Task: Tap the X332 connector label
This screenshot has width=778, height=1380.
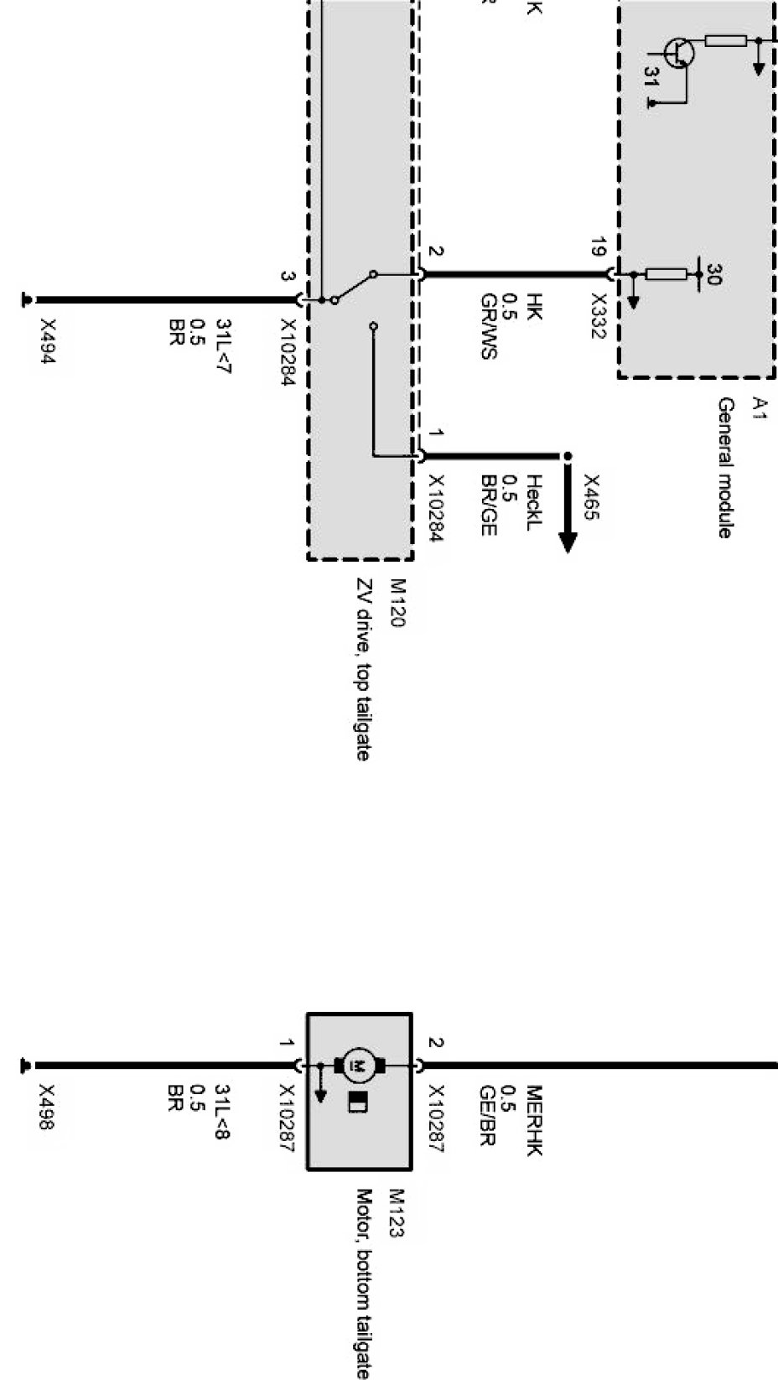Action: (599, 315)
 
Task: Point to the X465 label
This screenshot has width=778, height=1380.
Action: (592, 497)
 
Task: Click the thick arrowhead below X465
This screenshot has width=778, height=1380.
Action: (568, 540)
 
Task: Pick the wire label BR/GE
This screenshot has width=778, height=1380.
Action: (490, 505)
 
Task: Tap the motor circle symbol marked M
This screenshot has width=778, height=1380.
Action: (360, 1066)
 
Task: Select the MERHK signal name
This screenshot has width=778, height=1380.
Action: (535, 1121)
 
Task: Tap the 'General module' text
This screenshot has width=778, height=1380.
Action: (726, 468)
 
